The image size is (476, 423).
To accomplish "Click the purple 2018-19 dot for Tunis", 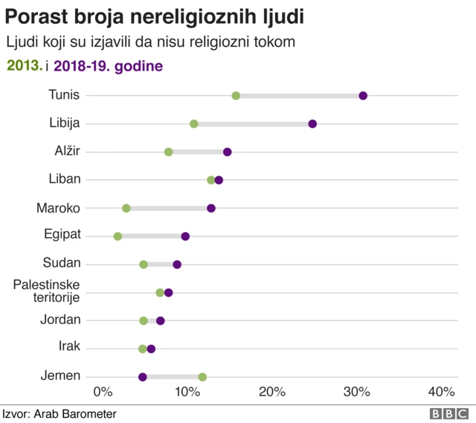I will pyautogui.click(x=363, y=95).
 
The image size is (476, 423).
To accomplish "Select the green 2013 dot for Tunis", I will pyautogui.click(x=236, y=95).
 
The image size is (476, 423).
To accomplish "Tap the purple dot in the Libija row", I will pyautogui.click(x=312, y=123).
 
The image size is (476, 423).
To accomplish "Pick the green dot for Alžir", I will pyautogui.click(x=169, y=152).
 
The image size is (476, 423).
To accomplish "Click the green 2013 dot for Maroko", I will pyautogui.click(x=126, y=208).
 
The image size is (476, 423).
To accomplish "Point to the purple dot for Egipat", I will pyautogui.click(x=185, y=236).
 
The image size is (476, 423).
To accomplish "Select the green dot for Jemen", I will pyautogui.click(x=202, y=377).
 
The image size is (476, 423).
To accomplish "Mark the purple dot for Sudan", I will pyautogui.click(x=177, y=264).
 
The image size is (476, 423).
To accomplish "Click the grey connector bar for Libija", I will pyautogui.click(x=253, y=123).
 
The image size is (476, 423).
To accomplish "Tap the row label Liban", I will pyautogui.click(x=64, y=178).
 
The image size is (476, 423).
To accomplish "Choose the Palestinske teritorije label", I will pyautogui.click(x=48, y=291).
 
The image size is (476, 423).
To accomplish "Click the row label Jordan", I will pyautogui.click(x=60, y=320).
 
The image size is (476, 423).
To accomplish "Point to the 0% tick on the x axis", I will pyautogui.click(x=102, y=392).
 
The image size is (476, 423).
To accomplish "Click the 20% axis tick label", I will pyautogui.click(x=271, y=392).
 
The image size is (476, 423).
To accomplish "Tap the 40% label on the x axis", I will pyautogui.click(x=441, y=392).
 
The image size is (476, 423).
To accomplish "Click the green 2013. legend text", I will pyautogui.click(x=24, y=66).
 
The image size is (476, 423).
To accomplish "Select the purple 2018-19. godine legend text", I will pyautogui.click(x=109, y=66).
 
